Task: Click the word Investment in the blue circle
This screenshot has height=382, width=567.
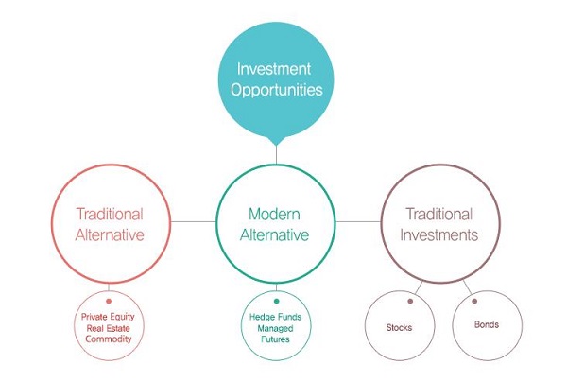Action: tap(274, 69)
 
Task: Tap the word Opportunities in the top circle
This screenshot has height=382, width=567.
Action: tap(277, 90)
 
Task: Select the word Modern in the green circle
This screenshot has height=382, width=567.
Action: tap(274, 214)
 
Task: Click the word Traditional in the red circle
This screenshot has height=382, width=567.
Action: tap(110, 214)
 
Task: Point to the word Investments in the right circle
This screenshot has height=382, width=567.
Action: tap(439, 235)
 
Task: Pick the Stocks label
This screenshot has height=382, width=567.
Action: tap(399, 327)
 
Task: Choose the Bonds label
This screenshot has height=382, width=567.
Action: tap(487, 324)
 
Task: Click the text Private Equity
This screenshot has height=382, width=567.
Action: tap(108, 317)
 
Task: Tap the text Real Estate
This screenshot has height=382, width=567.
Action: tap(108, 328)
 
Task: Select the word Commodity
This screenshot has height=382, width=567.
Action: tap(109, 339)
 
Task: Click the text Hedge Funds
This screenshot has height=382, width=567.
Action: tap(275, 317)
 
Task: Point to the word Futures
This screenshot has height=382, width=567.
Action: tap(275, 339)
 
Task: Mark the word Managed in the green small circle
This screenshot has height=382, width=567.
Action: tap(275, 328)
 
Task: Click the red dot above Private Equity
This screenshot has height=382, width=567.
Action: tap(109, 301)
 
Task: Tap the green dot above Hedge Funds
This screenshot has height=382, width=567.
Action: tap(277, 301)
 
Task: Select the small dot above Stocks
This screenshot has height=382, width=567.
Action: tap(410, 301)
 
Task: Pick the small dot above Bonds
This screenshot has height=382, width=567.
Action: tap(474, 301)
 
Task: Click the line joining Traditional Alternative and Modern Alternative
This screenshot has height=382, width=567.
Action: tap(193, 221)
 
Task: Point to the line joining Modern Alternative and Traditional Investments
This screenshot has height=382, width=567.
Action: tap(358, 221)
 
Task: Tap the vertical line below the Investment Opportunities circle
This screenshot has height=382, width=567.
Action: tap(276, 155)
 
